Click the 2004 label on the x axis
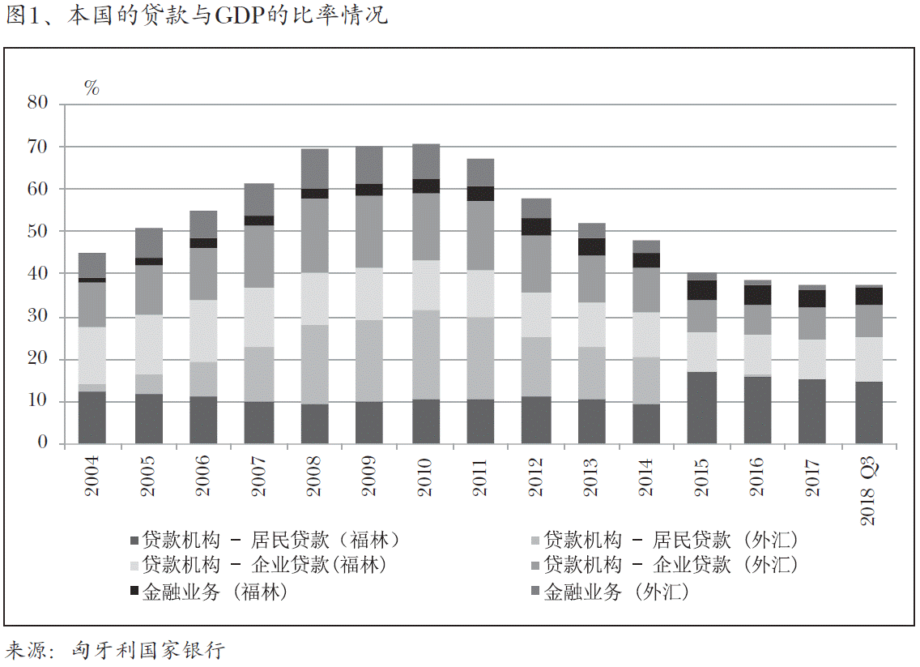pyautogui.click(x=92, y=476)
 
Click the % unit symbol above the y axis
pyautogui.click(x=92, y=88)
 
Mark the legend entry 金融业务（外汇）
pyautogui.click(x=616, y=592)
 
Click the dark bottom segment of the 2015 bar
pyautogui.click(x=701, y=408)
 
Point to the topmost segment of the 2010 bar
pyautogui.click(x=426, y=161)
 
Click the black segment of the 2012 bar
pyautogui.click(x=536, y=226)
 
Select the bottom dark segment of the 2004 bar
pyautogui.click(x=92, y=417)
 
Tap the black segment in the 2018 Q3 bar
pyautogui.click(x=868, y=296)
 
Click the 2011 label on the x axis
pyautogui.click(x=481, y=476)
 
